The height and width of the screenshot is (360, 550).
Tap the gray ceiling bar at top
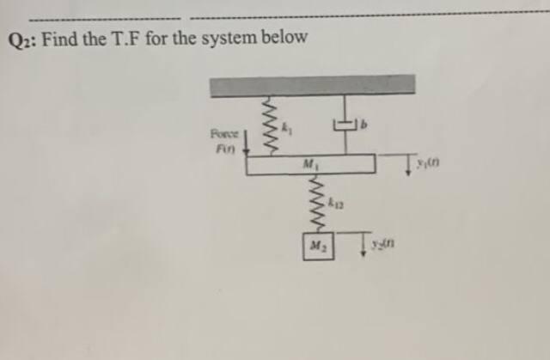[x=313, y=84]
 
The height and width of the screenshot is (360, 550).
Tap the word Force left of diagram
[x=223, y=133]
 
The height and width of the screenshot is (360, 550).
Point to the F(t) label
[x=223, y=147]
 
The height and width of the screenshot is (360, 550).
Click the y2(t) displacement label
[x=387, y=247]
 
